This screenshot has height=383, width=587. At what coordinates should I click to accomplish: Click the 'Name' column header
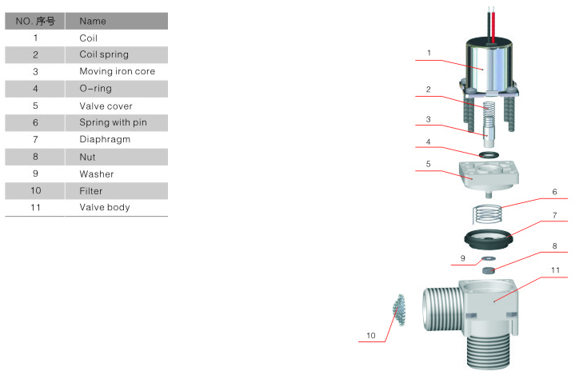(x=93, y=21)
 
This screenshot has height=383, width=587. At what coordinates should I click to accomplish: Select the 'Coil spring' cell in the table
(x=104, y=54)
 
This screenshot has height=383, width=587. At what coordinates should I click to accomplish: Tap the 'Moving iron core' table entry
(x=118, y=71)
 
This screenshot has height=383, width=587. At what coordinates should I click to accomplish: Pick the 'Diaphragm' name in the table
(x=105, y=139)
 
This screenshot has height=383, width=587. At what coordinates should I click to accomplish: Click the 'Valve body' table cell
(x=105, y=207)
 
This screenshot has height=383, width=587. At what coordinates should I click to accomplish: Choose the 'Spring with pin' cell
(x=113, y=122)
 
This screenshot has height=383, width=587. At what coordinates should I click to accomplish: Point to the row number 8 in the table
(x=35, y=157)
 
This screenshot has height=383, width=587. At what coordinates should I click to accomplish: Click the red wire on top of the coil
(x=493, y=25)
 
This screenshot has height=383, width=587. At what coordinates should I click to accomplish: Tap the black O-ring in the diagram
(x=489, y=154)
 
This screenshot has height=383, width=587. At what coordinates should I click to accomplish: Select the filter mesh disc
(x=399, y=309)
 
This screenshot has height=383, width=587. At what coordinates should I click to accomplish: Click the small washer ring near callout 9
(x=489, y=258)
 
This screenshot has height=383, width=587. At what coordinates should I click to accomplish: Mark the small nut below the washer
(x=489, y=270)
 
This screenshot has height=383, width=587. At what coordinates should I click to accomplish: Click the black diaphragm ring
(x=488, y=239)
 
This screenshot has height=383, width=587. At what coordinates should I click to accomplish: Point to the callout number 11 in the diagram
(x=555, y=270)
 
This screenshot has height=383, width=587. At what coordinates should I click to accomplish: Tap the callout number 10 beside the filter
(x=370, y=336)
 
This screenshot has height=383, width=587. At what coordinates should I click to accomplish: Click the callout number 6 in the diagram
(x=554, y=192)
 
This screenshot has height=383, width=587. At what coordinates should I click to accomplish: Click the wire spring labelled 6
(x=487, y=214)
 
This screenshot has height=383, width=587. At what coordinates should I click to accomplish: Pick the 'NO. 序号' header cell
(x=35, y=21)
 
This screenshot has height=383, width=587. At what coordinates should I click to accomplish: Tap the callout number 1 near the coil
(x=429, y=53)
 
